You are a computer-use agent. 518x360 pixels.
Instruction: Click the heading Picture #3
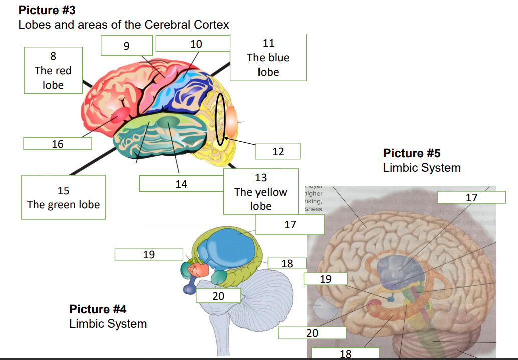(x=47, y=10)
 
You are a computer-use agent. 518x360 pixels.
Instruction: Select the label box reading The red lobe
(x=53, y=70)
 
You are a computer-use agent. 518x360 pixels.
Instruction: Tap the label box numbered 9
(x=126, y=46)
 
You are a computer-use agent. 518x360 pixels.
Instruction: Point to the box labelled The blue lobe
(x=268, y=58)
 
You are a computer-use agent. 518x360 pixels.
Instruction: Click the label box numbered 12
(x=278, y=151)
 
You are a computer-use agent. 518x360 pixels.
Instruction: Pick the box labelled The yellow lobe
(x=261, y=192)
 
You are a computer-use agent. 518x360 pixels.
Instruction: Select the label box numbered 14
(x=181, y=184)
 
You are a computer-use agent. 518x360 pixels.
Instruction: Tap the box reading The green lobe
(x=64, y=197)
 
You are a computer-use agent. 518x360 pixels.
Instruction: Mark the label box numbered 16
(x=58, y=144)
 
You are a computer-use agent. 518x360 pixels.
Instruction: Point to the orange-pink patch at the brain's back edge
(x=232, y=120)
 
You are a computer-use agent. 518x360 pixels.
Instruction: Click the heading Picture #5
(x=411, y=153)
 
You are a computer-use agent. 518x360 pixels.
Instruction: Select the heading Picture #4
(x=98, y=309)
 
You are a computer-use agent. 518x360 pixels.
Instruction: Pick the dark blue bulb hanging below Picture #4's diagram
(x=189, y=289)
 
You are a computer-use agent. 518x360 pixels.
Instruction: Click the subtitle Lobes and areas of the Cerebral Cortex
(x=124, y=24)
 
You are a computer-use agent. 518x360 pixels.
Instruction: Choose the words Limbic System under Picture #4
(x=108, y=324)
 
